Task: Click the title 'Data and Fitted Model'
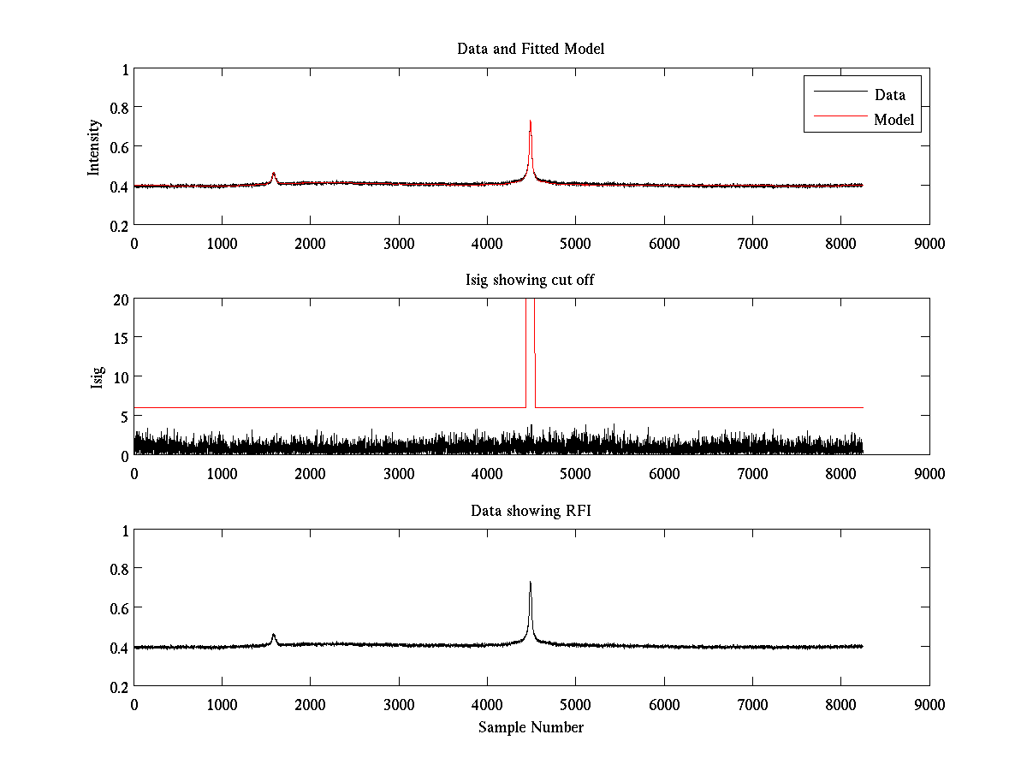pyautogui.click(x=531, y=49)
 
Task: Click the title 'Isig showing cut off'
pyautogui.click(x=531, y=280)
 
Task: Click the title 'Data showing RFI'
pyautogui.click(x=531, y=511)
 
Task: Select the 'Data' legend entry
pyautogui.click(x=889, y=95)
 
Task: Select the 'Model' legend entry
pyautogui.click(x=893, y=120)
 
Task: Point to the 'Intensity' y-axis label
pyautogui.click(x=95, y=147)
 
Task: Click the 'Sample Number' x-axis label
pyautogui.click(x=531, y=727)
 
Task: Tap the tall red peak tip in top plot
pyautogui.click(x=531, y=121)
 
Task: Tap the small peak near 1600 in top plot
pyautogui.click(x=274, y=174)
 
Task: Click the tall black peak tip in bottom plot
pyautogui.click(x=531, y=583)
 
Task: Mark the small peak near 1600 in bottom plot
pyautogui.click(x=274, y=635)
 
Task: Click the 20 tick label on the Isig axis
pyautogui.click(x=119, y=299)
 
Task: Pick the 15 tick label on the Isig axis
pyautogui.click(x=119, y=338)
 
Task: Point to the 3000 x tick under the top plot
pyautogui.click(x=399, y=243)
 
